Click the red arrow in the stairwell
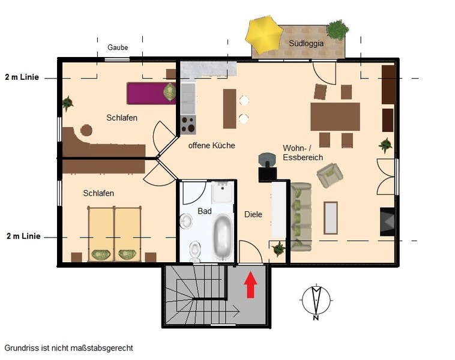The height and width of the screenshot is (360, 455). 250,284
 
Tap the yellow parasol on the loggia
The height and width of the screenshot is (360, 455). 264,35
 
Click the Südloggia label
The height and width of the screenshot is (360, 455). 306,44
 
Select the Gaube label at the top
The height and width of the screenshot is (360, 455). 118,47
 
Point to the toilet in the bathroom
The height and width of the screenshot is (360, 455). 194,251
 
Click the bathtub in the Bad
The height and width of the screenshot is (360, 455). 223,237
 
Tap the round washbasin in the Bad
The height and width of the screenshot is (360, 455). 185,221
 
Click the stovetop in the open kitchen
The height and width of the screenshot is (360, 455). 188,124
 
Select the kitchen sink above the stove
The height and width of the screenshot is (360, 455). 188,98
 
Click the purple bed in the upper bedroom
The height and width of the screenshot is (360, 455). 151,93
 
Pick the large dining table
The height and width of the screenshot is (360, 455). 335,116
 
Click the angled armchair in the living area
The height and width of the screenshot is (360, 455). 330,175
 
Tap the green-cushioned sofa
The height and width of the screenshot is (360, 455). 301,217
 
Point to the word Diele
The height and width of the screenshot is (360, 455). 253,214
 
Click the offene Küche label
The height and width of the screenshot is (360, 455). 211,145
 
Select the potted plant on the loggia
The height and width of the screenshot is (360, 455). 337,29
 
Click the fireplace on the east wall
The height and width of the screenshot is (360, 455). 387,221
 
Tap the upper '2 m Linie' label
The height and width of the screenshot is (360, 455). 22,77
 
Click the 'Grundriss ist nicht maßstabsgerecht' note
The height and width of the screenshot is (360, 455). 69,348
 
